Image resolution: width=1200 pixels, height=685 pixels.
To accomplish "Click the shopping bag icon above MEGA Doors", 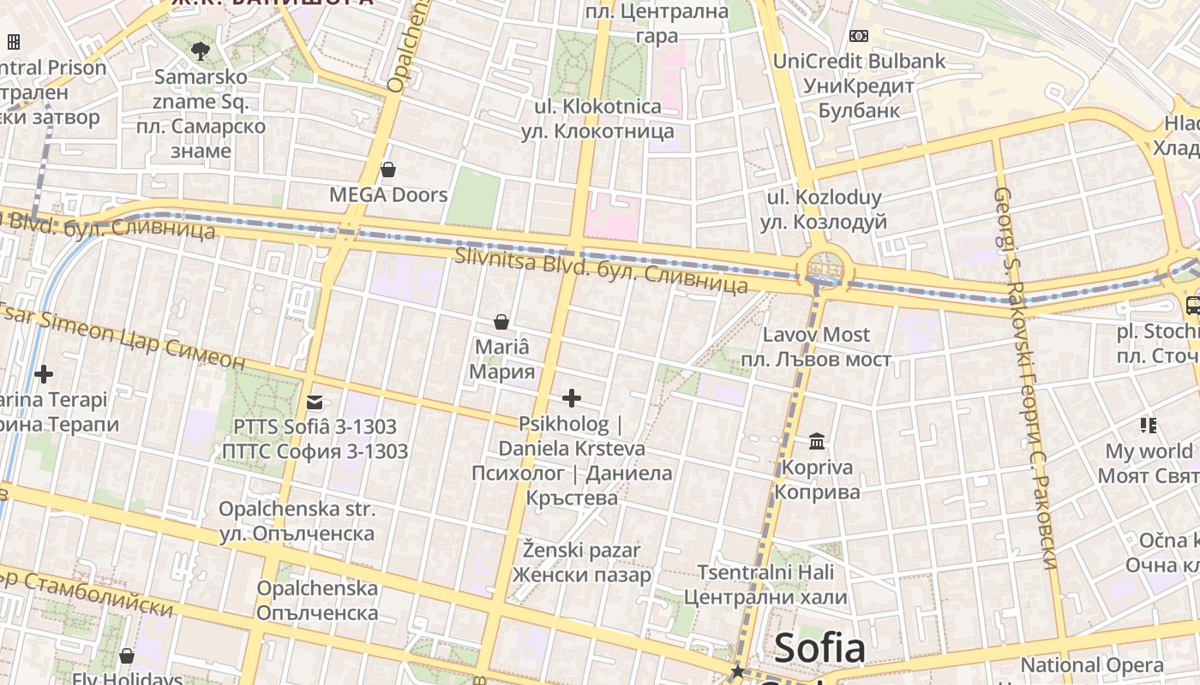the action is click(388, 170).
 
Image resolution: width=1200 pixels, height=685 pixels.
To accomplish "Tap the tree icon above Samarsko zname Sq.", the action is click(201, 51).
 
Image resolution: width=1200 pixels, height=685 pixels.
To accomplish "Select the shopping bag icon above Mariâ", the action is click(501, 322).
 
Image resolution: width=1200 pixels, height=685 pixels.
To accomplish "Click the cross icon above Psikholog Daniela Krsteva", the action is click(572, 397).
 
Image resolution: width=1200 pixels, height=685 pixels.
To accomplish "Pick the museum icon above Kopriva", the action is click(817, 442).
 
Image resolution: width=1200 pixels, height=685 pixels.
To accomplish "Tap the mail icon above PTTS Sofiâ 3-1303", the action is click(315, 402).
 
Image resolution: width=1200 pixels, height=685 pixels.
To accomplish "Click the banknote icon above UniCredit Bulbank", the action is click(858, 36).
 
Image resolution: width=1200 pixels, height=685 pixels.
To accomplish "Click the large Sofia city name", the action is click(819, 649).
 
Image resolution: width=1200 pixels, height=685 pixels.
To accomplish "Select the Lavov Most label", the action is click(816, 347).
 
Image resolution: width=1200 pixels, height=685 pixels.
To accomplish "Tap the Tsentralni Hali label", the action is click(772, 584).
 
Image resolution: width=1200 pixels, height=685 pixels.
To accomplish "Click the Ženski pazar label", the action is click(581, 562).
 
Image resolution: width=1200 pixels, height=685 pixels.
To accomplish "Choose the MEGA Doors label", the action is click(388, 195).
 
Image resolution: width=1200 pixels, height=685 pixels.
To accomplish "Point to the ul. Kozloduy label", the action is click(824, 210).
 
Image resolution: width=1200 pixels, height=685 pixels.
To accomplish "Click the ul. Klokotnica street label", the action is click(597, 119).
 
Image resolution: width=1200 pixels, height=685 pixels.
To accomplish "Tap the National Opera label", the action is click(1092, 665).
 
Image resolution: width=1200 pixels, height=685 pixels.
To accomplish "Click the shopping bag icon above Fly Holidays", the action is click(127, 656).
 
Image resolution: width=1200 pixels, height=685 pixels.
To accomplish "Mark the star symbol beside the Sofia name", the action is click(737, 671).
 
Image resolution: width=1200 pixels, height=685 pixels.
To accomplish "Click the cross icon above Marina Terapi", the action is click(44, 374).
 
